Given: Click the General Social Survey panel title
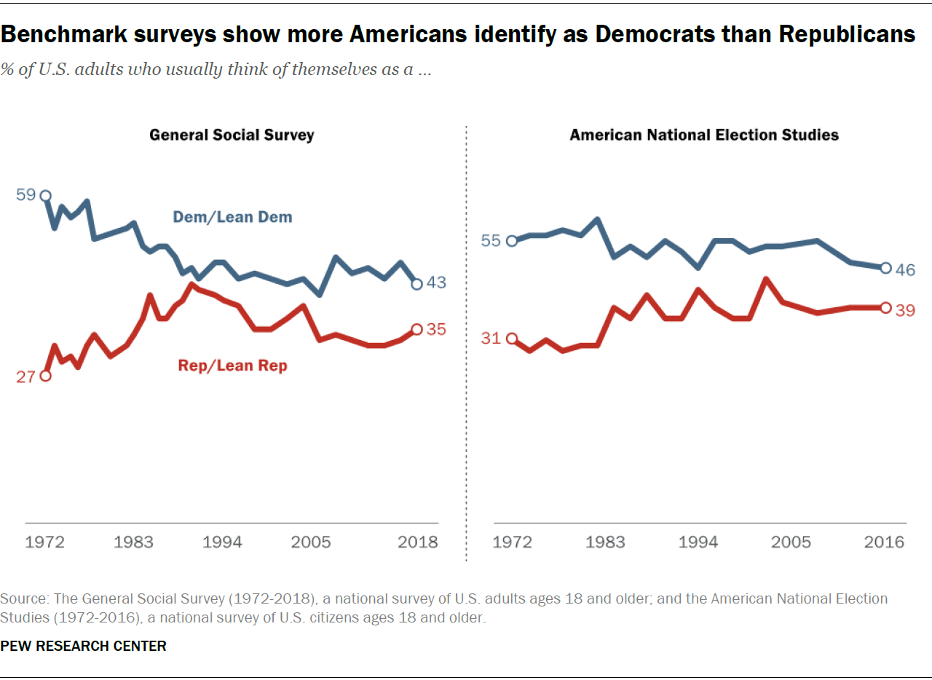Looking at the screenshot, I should click(232, 135).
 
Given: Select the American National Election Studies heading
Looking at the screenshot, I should click(704, 135).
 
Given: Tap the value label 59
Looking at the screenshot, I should click(26, 196).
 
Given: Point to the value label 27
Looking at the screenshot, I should click(26, 377).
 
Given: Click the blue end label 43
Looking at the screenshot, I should click(436, 282).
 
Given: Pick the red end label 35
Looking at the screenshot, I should click(436, 329).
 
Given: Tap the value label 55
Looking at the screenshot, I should click(491, 241).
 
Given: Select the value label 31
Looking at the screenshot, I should click(491, 339).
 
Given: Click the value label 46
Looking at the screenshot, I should click(905, 270).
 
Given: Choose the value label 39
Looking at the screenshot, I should click(905, 310).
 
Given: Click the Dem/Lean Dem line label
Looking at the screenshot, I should click(232, 217).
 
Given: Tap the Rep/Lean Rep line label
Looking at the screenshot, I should click(233, 365).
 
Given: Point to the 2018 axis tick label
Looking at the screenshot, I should click(418, 542).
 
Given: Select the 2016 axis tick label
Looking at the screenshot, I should click(884, 542).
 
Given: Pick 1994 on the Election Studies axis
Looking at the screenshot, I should click(698, 542).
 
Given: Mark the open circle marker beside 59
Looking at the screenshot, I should click(45, 196).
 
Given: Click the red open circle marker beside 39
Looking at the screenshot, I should click(885, 308).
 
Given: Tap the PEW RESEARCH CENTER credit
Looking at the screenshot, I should click(84, 646).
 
